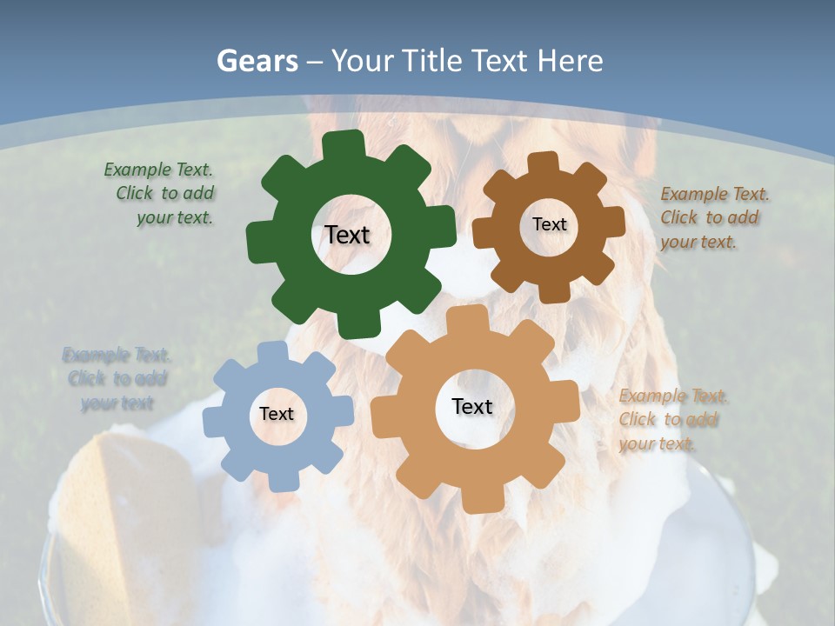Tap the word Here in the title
(570, 61)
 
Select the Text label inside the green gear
(347, 235)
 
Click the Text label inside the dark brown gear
(549, 224)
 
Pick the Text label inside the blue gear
(277, 415)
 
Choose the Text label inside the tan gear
(472, 407)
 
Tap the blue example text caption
(116, 379)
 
